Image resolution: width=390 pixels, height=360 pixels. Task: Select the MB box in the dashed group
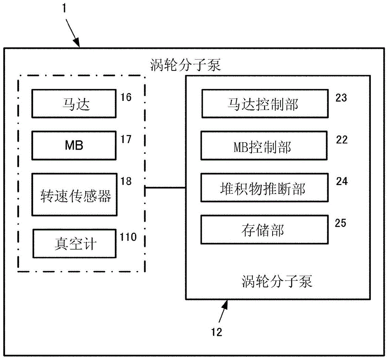[x=74, y=146]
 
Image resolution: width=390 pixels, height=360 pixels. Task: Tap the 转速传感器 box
[x=74, y=194]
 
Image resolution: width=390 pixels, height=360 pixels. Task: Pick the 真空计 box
[x=74, y=243]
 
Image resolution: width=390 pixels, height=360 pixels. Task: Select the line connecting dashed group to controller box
[x=165, y=188]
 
